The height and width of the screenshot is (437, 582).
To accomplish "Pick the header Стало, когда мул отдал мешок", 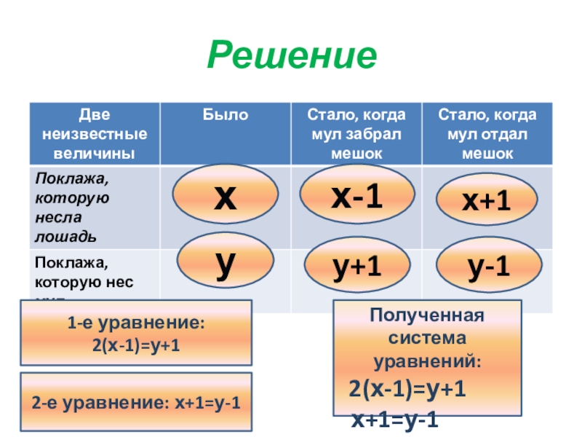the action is click(x=487, y=134).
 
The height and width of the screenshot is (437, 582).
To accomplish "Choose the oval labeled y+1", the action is click(x=356, y=269).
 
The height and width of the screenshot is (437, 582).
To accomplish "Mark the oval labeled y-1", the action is click(x=488, y=269).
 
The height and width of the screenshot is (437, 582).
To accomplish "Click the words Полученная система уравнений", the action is click(x=426, y=339).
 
